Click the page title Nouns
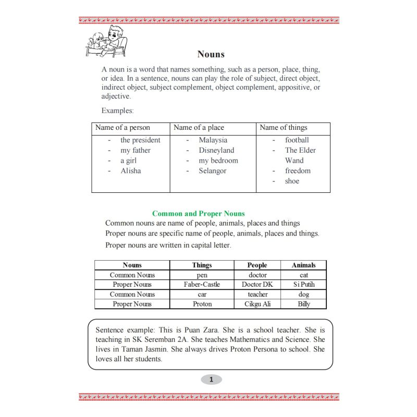click(211, 54)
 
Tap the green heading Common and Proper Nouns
click(198, 214)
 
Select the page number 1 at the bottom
click(211, 379)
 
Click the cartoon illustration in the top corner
click(106, 41)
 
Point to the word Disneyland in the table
click(216, 150)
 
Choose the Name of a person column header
click(122, 128)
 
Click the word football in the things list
click(297, 140)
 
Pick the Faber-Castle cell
click(202, 285)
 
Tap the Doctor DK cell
click(257, 285)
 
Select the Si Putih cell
click(303, 285)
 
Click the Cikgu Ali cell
click(257, 304)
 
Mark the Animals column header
click(303, 265)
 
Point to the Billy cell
click(303, 304)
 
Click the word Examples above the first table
click(117, 111)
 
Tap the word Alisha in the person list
click(130, 171)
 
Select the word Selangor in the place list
click(212, 171)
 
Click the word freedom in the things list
click(298, 171)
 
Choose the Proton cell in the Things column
click(202, 304)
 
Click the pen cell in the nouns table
click(202, 275)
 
